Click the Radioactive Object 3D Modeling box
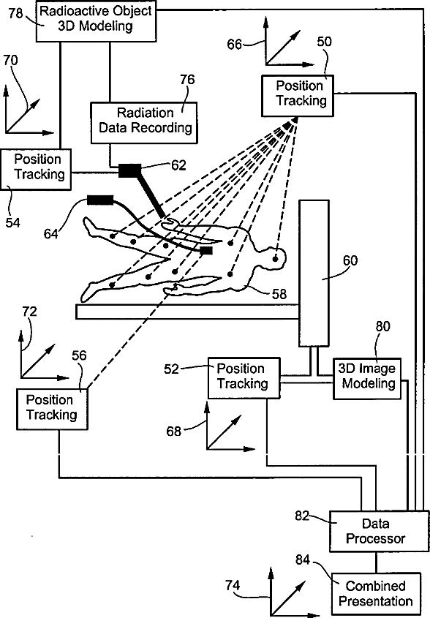coord(97,21)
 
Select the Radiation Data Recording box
coord(144,123)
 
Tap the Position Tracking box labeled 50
coord(298,96)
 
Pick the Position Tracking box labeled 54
coord(36,169)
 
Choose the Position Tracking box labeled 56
coord(52,409)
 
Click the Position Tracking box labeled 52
coord(244,378)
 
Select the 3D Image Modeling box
coord(367,378)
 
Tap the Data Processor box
coord(379,531)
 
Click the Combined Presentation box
coord(376,594)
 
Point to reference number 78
coord(16,13)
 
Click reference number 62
coord(178,165)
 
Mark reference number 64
coord(51,234)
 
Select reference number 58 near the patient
coord(279,293)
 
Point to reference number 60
coord(350,260)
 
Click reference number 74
coord(233,585)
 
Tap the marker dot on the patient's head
coord(276,259)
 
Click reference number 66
coord(235,44)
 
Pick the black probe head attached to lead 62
coord(129,170)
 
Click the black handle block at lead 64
coord(100,200)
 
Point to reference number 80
coord(382,326)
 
